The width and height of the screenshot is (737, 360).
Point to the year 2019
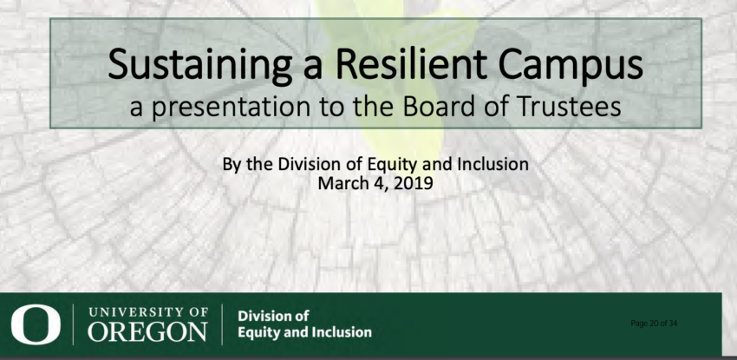pos(413,182)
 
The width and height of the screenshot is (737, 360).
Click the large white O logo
pos(36,324)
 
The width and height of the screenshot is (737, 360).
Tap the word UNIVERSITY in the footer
pos(135,312)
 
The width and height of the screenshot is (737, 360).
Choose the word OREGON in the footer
pos(147,331)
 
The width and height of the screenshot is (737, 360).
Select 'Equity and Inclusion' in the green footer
pos(304,332)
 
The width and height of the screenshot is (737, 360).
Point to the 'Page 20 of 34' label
pos(654,324)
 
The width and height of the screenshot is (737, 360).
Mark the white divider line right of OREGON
pos(222,324)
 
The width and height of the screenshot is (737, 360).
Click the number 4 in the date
pos(378,182)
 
